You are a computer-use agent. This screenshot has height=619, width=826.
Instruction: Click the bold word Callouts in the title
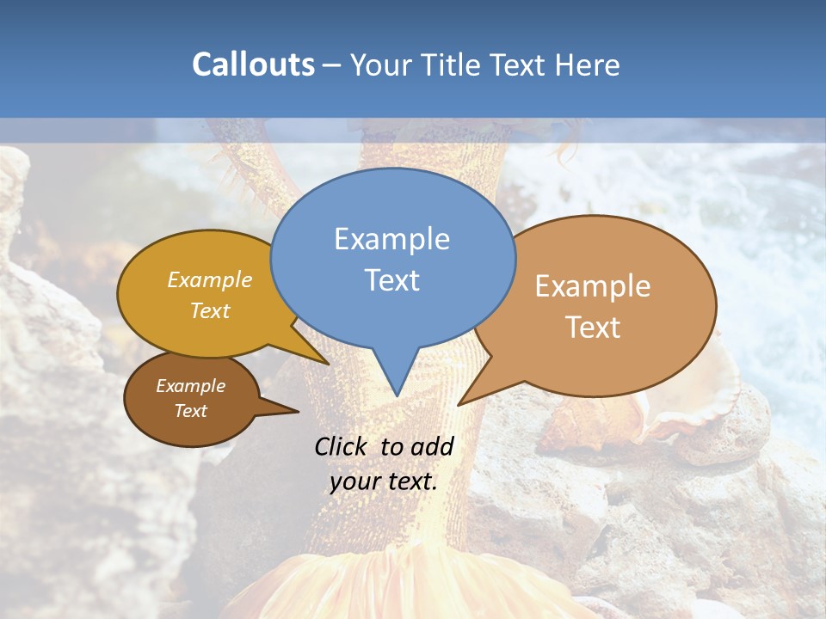(253, 64)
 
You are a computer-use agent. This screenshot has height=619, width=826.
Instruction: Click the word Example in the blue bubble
(392, 239)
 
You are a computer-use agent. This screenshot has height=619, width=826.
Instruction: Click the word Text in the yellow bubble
(210, 311)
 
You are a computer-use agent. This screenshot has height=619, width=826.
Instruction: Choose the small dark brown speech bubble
(189, 400)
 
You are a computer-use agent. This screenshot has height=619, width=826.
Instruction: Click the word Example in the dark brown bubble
(190, 386)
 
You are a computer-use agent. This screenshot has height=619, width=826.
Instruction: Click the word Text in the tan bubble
(593, 328)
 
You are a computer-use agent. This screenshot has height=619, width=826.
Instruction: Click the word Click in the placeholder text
(342, 446)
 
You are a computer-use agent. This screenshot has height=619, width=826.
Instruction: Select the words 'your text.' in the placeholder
(383, 481)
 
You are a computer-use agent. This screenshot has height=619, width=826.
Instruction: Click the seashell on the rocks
(688, 404)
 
